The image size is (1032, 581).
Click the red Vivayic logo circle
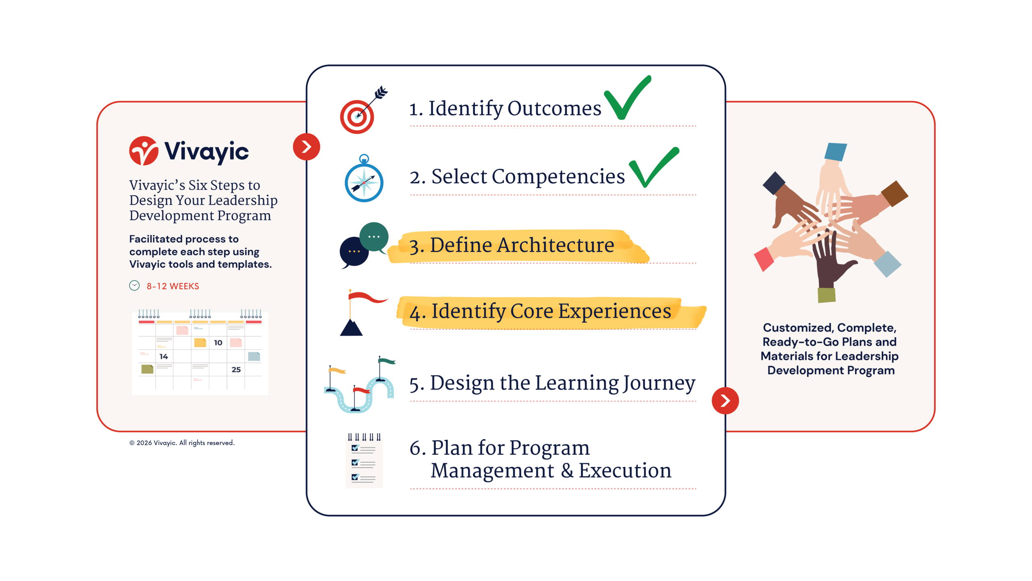[x=144, y=151]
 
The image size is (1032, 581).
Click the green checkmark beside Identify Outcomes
[x=627, y=98]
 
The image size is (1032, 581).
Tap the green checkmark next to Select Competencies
[x=654, y=167]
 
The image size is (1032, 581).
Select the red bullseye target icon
[x=357, y=117]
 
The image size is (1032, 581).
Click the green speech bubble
[x=374, y=238]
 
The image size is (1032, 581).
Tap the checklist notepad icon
[x=364, y=461]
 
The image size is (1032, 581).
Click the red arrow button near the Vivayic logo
[x=306, y=147]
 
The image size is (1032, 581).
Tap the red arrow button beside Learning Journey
[x=725, y=401]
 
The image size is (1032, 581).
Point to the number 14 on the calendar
[x=164, y=357]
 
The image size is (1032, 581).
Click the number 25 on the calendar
[x=236, y=370]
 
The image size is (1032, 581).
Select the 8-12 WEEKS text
[x=173, y=286]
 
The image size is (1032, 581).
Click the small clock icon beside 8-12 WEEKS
[x=134, y=286]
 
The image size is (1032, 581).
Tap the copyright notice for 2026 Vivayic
[x=182, y=443]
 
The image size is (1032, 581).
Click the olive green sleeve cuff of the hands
[x=826, y=295]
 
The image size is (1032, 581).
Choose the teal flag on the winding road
[x=387, y=361]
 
